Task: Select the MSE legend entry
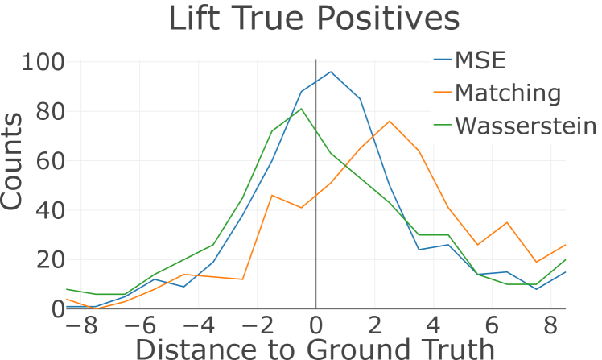tap(483, 60)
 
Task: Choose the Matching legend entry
tap(507, 93)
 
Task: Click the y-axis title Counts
tap(13, 162)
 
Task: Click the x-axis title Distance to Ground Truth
tap(314, 348)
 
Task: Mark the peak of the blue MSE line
tap(331, 72)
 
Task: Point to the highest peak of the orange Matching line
tap(390, 121)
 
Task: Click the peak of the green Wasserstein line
tap(301, 109)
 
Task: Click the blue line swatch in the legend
tap(442, 60)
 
